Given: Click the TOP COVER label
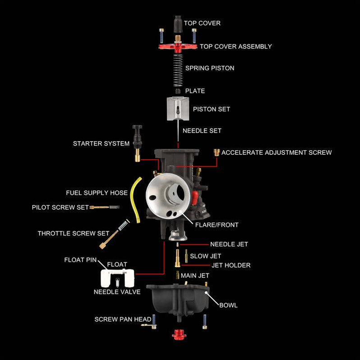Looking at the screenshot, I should point(202,23).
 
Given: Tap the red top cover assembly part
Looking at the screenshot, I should point(178,46).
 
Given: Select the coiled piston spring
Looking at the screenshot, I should point(178,68).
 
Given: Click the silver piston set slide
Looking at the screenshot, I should point(177,108).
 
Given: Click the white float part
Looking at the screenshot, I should point(118,277).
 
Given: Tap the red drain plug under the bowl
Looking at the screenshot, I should point(177,335).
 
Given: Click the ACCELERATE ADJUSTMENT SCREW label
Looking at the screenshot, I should point(277,152).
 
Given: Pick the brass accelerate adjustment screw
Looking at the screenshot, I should point(217,152).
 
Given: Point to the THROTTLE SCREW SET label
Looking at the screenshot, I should point(74,233).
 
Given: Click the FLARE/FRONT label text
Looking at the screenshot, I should point(217,224).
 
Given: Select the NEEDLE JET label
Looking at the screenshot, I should point(229,244).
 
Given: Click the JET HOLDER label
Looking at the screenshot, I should point(231,265).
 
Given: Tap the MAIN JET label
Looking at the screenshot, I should point(195,275).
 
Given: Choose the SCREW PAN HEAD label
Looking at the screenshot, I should point(123,319).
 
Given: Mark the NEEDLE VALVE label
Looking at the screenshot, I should point(117,292).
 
